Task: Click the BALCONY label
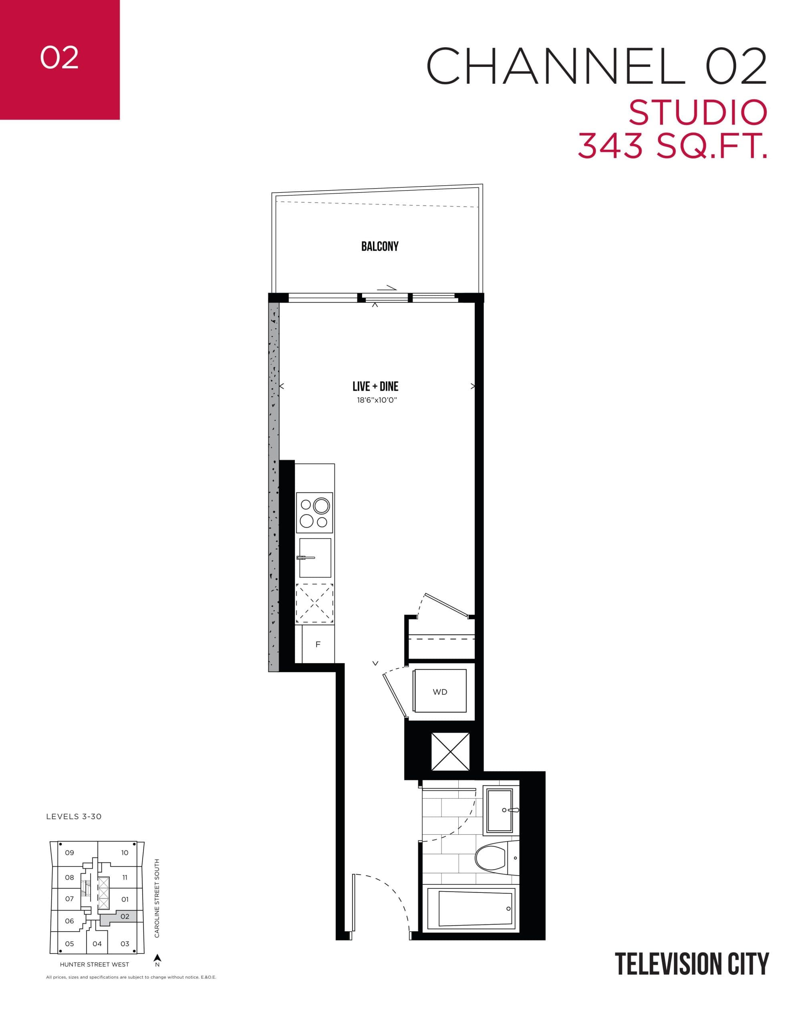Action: (x=379, y=246)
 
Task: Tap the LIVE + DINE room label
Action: (x=375, y=386)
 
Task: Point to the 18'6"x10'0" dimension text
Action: (x=377, y=400)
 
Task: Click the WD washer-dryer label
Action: (x=440, y=692)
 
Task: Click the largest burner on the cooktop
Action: (x=322, y=506)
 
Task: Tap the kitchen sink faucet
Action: (x=306, y=557)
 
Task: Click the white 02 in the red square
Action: (x=59, y=58)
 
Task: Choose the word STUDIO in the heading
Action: (x=697, y=113)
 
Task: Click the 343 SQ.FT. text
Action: (x=672, y=146)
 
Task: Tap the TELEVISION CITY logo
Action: (x=691, y=964)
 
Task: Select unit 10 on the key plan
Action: (x=125, y=852)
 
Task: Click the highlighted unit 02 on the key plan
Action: (x=125, y=916)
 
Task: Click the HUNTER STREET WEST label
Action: (x=94, y=964)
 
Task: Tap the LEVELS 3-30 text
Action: (x=74, y=816)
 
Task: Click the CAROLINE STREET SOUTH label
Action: (x=157, y=898)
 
